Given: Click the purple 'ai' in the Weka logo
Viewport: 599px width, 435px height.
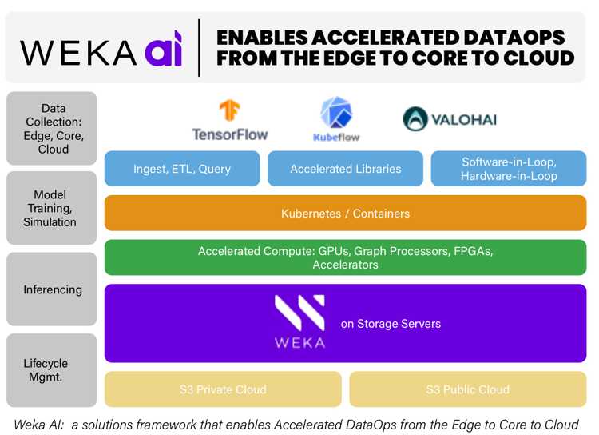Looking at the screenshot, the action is point(164,49).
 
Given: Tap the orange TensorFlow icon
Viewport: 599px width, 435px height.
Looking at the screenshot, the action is point(229,110).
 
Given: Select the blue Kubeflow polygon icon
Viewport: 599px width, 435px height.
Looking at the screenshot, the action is point(336,112).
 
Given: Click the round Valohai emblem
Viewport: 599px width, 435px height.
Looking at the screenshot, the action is point(415,119).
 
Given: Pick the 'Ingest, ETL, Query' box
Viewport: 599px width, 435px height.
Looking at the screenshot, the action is point(182,169).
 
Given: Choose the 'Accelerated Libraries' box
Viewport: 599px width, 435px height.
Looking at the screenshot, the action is point(345,169).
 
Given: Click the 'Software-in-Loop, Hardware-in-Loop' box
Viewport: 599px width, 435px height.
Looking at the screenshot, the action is point(509,169).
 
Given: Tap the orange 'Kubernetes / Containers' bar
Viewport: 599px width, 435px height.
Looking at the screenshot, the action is point(345,213).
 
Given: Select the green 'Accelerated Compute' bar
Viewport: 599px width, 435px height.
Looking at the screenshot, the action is point(345,257).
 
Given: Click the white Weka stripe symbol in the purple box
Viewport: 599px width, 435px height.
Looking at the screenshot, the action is point(299,313).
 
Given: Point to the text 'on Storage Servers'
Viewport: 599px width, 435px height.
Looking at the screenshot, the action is point(391,324).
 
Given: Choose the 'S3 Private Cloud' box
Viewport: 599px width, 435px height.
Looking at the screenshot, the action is point(223,389).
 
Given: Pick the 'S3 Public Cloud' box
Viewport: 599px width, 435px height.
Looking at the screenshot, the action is point(468,389).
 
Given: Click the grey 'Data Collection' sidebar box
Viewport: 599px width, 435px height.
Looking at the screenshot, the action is point(52,128).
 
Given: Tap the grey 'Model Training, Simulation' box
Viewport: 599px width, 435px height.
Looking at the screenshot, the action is point(52,208).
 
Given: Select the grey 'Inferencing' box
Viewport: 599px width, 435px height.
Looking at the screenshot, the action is point(52,289).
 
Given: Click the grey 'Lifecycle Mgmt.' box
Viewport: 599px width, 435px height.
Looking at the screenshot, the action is point(52,370).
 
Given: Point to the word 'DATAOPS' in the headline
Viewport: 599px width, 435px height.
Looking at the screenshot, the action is point(514,38).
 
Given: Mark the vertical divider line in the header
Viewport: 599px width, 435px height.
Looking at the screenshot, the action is point(199,48).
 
